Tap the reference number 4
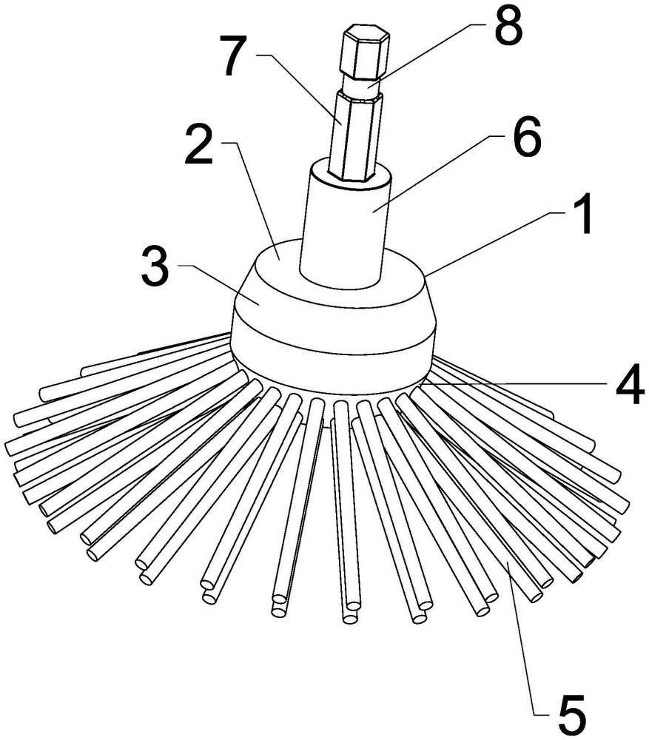630,383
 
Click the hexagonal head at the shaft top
366,52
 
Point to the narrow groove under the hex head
363,88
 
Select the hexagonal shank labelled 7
355,136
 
